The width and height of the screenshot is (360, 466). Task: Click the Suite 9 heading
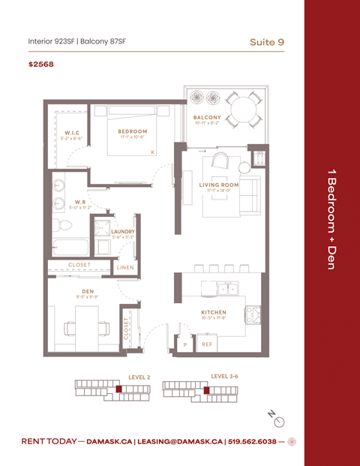[267, 41]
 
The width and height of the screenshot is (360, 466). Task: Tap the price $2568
[40, 65]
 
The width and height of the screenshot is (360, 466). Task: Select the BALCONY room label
[207, 118]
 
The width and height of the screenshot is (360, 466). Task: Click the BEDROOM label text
[132, 131]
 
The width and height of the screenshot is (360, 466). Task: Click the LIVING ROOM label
[218, 185]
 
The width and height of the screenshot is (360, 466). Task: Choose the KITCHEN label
[214, 312]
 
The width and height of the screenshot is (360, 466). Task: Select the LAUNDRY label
[122, 232]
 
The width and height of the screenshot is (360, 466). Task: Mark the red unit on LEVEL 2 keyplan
[118, 389]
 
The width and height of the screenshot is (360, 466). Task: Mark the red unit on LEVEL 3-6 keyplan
[207, 389]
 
